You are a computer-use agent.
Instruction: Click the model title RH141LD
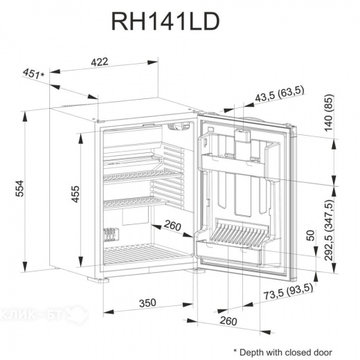coord(165,23)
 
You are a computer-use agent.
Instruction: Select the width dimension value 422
coord(100,62)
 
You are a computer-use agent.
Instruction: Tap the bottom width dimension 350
coord(146,303)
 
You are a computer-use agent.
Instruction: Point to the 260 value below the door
coord(228,321)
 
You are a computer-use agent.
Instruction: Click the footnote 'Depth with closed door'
coord(284,351)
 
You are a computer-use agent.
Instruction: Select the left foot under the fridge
coord(105,279)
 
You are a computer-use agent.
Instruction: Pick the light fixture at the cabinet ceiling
coord(181,127)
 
